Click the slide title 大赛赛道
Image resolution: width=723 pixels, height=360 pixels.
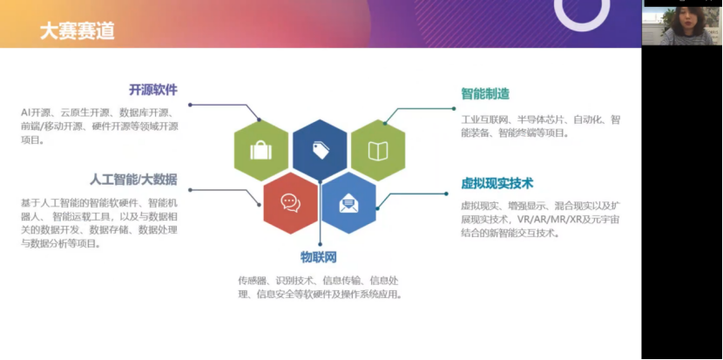coord(77,32)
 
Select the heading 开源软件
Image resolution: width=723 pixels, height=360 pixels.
coord(152,90)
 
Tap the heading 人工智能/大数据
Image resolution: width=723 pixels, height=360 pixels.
coord(133,180)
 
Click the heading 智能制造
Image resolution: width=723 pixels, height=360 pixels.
coord(485,93)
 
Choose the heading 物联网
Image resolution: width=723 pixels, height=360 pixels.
coord(319,257)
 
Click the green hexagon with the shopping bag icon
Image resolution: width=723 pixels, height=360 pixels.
coord(260,151)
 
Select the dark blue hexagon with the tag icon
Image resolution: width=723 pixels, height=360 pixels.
coord(320,150)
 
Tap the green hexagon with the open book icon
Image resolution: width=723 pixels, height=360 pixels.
coord(378,151)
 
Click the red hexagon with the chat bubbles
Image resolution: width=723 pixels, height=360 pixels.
coord(290,202)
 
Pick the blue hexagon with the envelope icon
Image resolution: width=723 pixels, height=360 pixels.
coord(348,203)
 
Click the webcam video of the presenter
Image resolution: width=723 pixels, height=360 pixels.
coord(681,24)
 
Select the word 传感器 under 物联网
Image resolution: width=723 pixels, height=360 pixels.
coord(250,280)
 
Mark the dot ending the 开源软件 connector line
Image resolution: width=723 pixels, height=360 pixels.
coord(190,105)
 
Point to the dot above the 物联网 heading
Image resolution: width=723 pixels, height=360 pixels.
coord(320,248)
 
